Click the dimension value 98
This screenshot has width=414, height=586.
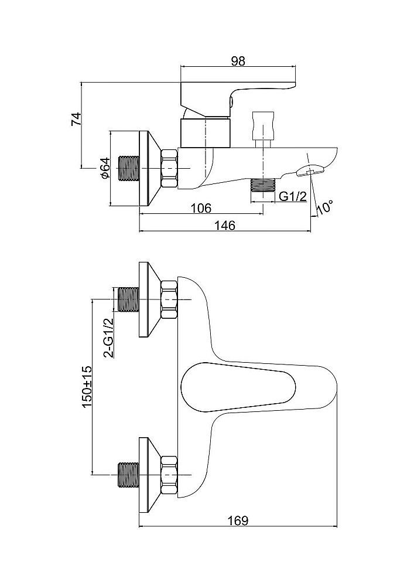click(x=238, y=60)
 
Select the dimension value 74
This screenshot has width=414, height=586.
click(x=75, y=119)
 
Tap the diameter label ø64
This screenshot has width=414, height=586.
click(x=104, y=168)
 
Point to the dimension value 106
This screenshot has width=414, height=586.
click(x=201, y=209)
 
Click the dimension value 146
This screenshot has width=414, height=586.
click(x=225, y=226)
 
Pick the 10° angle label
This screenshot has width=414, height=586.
click(x=324, y=207)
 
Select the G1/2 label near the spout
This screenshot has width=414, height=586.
click(x=292, y=197)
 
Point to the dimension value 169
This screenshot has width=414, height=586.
click(x=238, y=520)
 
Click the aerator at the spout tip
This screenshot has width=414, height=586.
click(x=312, y=171)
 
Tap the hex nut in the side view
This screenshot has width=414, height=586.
click(x=169, y=168)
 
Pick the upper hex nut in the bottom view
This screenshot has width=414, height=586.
click(x=169, y=300)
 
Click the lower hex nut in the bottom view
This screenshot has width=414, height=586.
click(x=169, y=473)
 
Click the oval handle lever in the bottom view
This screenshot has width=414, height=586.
click(x=234, y=387)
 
